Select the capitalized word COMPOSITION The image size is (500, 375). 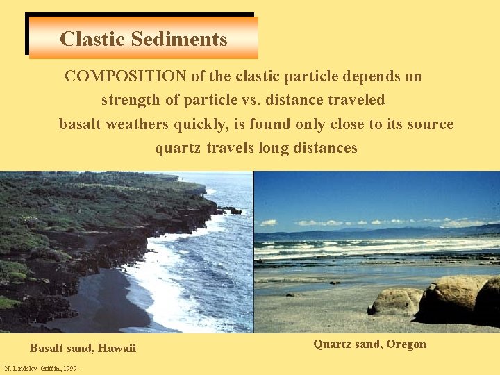pyautogui.click(x=125, y=76)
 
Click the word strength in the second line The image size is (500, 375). pyautogui.click(x=131, y=100)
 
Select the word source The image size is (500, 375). pyautogui.click(x=431, y=124)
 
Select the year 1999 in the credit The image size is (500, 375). pyautogui.click(x=69, y=368)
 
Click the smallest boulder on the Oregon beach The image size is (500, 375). pyautogui.click(x=394, y=301)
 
